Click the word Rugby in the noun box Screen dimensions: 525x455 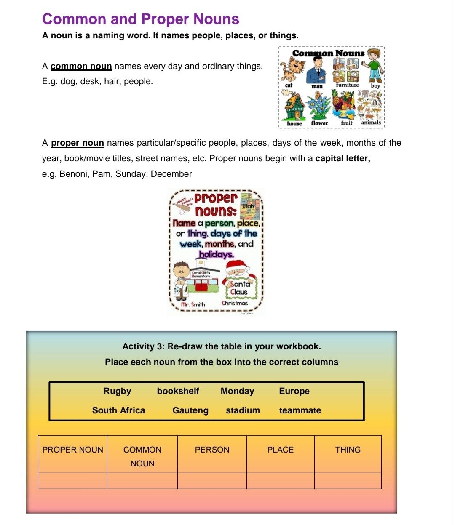(117, 391)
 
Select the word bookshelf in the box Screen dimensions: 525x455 (178, 391)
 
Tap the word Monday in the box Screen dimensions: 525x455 (237, 391)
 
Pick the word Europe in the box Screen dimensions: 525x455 (294, 391)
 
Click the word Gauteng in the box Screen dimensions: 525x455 (190, 410)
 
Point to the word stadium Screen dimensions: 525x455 (243, 410)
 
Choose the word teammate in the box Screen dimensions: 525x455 (300, 410)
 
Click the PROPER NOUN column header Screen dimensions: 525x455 (72, 450)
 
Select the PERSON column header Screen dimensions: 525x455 (212, 450)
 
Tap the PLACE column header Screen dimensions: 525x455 (280, 450)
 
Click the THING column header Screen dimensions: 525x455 (348, 450)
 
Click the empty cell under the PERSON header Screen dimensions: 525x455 (212, 481)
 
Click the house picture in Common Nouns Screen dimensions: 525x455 (294, 107)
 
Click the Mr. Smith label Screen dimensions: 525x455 (193, 304)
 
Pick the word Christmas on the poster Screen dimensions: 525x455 (235, 303)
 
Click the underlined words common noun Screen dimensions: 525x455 (81, 66)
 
